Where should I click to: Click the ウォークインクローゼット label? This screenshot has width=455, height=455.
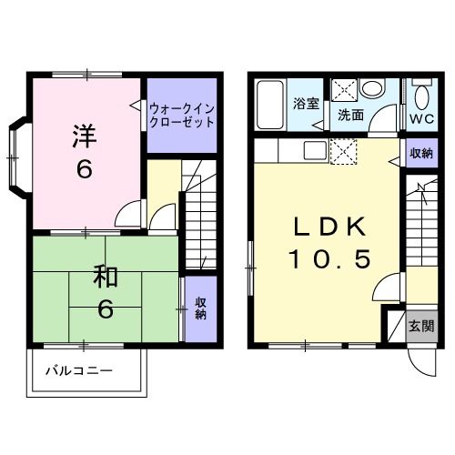click(x=182, y=115)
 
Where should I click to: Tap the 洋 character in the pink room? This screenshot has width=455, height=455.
click(x=85, y=135)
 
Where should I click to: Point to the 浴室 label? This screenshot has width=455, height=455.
click(x=305, y=104)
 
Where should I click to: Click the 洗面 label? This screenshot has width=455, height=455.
click(x=350, y=116)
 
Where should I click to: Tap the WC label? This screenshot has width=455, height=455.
click(x=420, y=119)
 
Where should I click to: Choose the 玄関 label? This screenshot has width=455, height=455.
click(x=420, y=326)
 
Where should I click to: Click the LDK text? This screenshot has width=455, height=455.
click(x=329, y=226)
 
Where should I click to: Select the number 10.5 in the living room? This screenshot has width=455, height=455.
click(x=329, y=260)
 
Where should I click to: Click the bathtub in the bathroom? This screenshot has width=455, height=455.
click(x=271, y=105)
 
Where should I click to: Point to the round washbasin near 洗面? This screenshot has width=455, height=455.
click(x=371, y=89)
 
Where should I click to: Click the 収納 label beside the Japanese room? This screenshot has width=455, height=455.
click(x=200, y=308)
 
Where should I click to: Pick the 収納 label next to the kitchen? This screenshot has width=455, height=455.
click(x=420, y=153)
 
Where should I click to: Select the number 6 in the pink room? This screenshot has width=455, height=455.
click(x=85, y=170)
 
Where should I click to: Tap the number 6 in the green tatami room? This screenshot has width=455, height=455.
click(x=106, y=310)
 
